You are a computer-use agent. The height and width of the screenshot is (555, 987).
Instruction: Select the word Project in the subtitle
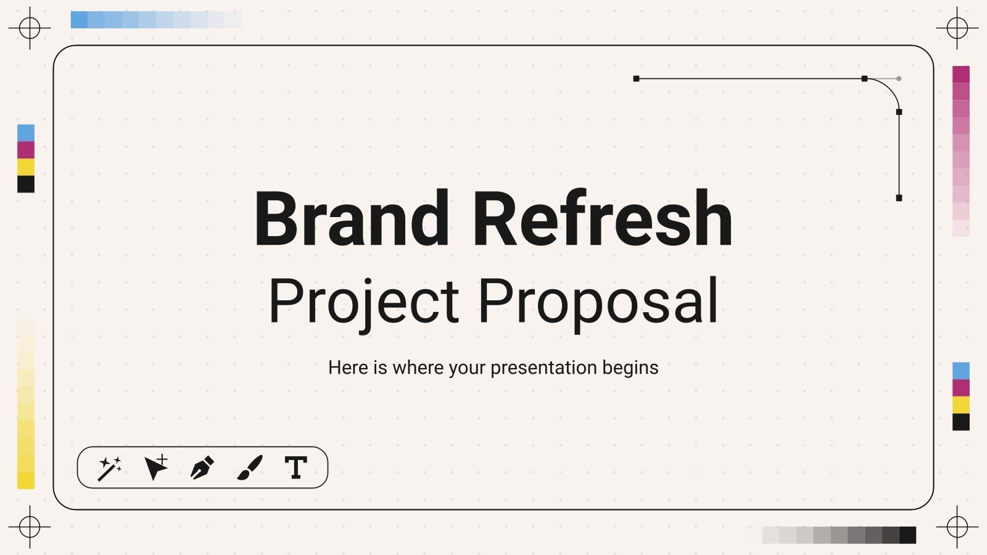(364, 302)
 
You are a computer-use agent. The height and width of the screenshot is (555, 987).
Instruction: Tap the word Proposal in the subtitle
(598, 302)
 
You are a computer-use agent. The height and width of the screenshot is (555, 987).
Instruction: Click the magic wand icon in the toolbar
(110, 468)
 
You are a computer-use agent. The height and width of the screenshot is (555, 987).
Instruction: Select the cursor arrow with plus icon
(156, 467)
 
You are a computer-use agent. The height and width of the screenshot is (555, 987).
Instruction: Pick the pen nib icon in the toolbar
(202, 467)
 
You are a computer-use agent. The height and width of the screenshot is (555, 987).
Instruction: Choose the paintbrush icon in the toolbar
(250, 467)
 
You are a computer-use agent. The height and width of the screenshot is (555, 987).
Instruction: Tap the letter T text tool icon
(296, 467)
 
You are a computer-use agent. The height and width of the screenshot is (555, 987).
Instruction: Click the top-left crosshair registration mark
(30, 28)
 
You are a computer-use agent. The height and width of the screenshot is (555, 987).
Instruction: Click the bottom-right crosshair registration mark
(957, 527)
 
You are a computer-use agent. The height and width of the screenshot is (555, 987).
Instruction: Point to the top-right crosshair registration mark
(957, 28)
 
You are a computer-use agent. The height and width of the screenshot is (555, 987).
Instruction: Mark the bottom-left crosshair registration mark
(30, 527)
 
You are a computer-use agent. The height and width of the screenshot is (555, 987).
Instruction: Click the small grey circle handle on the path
(899, 79)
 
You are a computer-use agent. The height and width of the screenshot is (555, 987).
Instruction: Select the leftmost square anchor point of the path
(636, 79)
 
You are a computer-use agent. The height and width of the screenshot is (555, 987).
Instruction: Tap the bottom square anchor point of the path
(899, 198)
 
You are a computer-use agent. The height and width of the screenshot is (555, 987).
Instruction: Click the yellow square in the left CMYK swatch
(26, 167)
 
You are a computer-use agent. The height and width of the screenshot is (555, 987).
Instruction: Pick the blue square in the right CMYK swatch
(961, 371)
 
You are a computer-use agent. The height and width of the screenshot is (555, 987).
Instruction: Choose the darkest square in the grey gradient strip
(907, 535)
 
